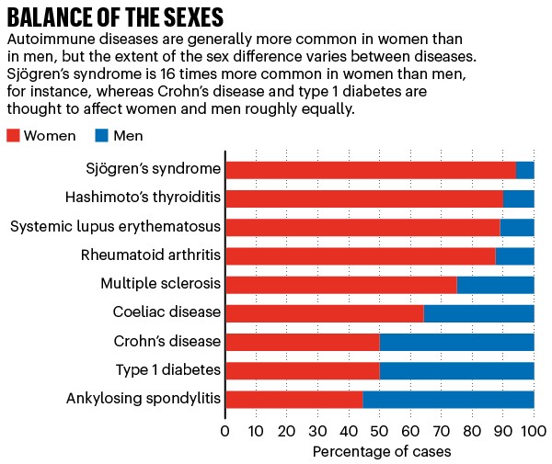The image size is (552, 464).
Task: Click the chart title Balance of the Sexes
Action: [x=114, y=17]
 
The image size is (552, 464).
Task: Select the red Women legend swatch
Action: [x=13, y=136]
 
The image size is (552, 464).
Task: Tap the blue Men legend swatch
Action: [x=101, y=136]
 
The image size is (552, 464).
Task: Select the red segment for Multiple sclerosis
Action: [x=340, y=284]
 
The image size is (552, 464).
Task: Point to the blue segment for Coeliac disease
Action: [x=478, y=313]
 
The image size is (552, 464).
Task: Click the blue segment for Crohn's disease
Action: [x=456, y=342]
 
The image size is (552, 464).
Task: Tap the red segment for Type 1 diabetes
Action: [x=302, y=370]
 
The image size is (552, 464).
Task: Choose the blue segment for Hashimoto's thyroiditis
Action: [x=518, y=198]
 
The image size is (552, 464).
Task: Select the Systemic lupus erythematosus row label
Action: [x=115, y=227]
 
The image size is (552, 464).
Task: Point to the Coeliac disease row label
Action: [x=167, y=312]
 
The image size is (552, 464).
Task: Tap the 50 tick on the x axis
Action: [x=379, y=430]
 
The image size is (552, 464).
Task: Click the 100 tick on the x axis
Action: [x=534, y=430]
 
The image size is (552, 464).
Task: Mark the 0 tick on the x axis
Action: [x=225, y=430]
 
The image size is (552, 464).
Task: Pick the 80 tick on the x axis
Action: [x=472, y=430]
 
